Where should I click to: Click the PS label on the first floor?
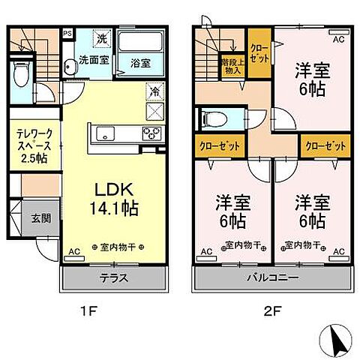pyautogui.click(x=67, y=33)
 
